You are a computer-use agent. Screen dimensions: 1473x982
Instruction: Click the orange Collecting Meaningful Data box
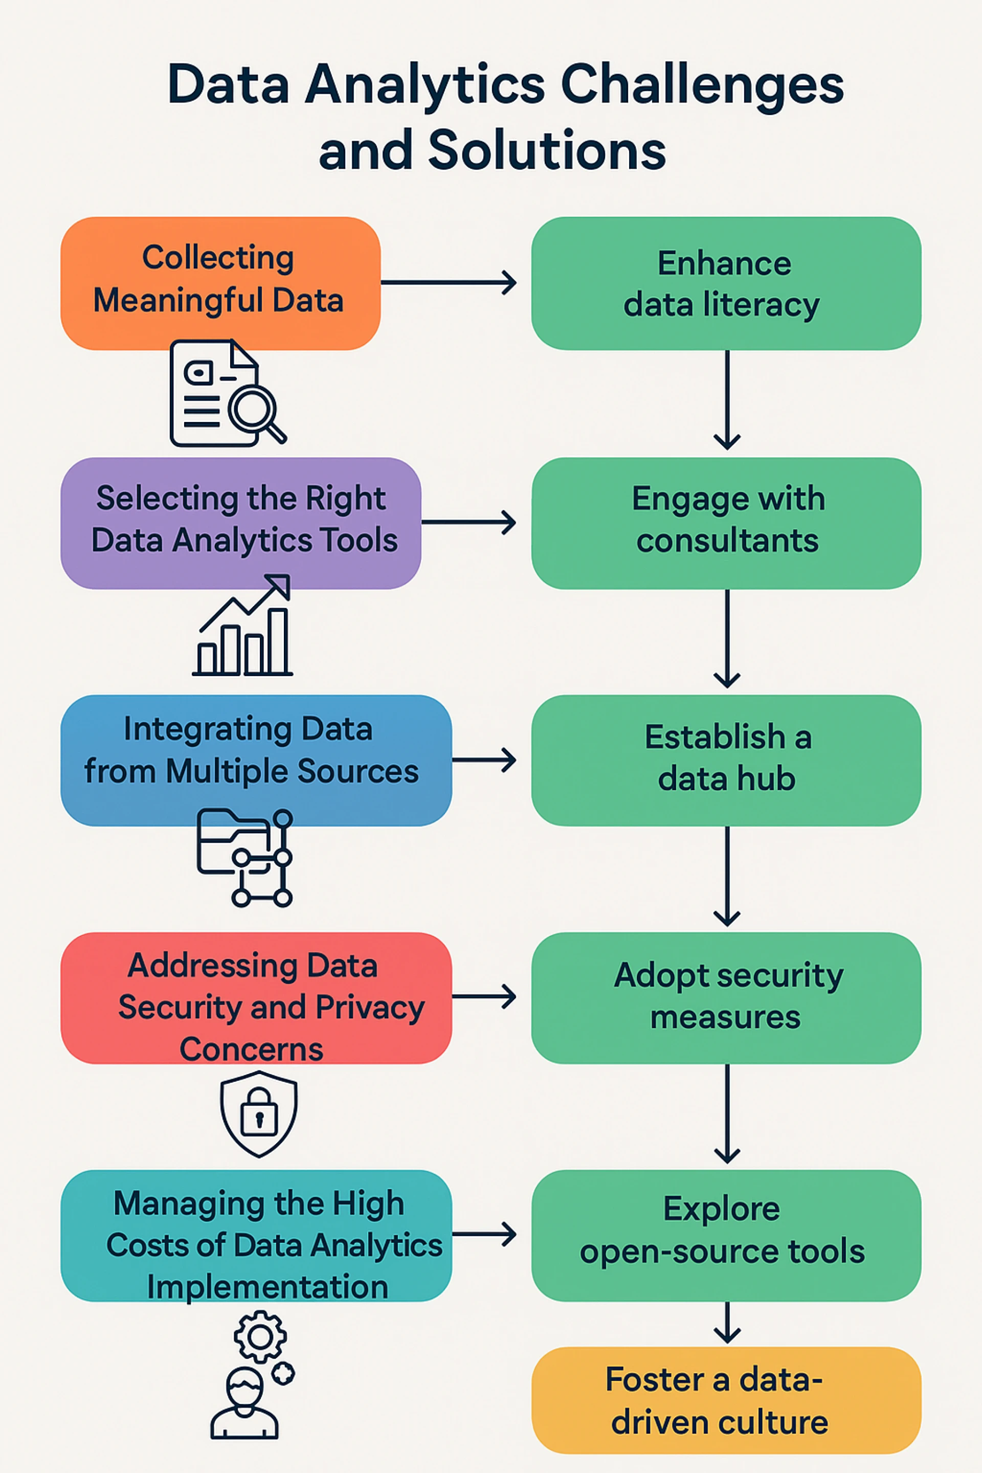point(220,282)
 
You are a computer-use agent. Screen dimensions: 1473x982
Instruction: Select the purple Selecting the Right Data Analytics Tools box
point(240,523)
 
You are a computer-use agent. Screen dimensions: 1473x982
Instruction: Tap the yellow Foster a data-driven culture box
point(726,1400)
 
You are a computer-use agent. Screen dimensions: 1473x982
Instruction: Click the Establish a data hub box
point(726,760)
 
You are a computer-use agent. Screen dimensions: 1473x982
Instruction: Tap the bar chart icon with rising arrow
point(243,626)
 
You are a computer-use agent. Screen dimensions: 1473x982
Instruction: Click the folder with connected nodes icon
point(245,857)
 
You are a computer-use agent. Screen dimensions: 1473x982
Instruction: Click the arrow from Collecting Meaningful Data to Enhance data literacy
point(449,282)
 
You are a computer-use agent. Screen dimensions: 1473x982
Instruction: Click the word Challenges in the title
point(701,84)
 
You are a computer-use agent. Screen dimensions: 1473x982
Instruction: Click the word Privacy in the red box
point(369,1007)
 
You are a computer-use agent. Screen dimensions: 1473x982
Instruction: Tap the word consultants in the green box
point(727,541)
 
